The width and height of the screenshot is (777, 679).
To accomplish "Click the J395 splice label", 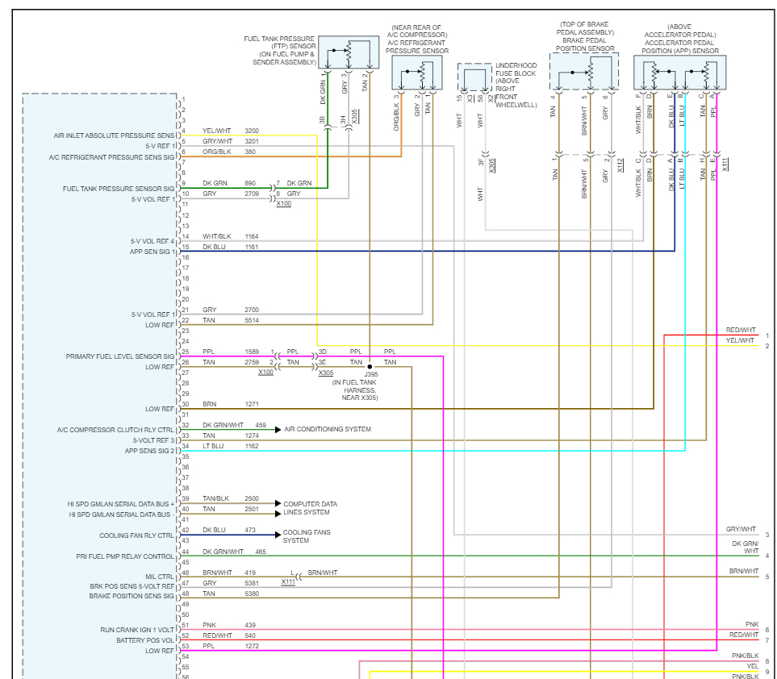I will [370, 374].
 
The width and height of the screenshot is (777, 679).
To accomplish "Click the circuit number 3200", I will [252, 131].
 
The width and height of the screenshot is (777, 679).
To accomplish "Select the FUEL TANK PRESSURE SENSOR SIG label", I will [119, 189].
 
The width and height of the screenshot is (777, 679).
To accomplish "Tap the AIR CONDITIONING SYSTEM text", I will [328, 430].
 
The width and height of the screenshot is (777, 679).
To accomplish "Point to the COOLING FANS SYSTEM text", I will [306, 536].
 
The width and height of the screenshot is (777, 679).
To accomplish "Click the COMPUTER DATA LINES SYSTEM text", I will [310, 508].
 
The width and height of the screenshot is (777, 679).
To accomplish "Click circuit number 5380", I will [252, 594].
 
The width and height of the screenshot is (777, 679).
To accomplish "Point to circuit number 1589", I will [252, 352].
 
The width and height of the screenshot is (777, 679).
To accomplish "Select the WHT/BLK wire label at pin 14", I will [216, 236].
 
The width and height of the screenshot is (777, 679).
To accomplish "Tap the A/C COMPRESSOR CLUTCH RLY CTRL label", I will [115, 430].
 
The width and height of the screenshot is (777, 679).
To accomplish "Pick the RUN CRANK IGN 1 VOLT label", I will [137, 629].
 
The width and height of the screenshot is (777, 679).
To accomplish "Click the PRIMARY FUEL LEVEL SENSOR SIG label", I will [120, 356].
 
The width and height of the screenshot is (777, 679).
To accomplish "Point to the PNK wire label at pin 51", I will [209, 625].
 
